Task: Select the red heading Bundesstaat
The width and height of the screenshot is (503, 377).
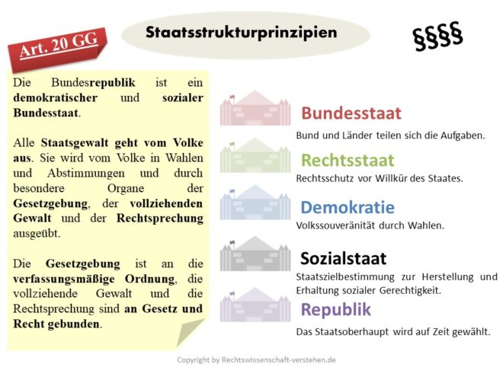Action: point(351,113)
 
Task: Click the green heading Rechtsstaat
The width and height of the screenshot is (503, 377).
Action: point(347,160)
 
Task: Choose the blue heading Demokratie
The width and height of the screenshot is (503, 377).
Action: point(347,207)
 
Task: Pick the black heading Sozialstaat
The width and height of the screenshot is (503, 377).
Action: point(343,257)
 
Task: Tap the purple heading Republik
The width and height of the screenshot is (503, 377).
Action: point(335,309)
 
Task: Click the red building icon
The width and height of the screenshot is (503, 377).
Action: point(255,110)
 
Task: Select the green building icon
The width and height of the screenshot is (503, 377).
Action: point(255,157)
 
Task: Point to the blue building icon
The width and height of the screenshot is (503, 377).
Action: point(255,205)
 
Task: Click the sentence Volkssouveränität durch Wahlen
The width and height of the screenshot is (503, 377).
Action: point(358,225)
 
